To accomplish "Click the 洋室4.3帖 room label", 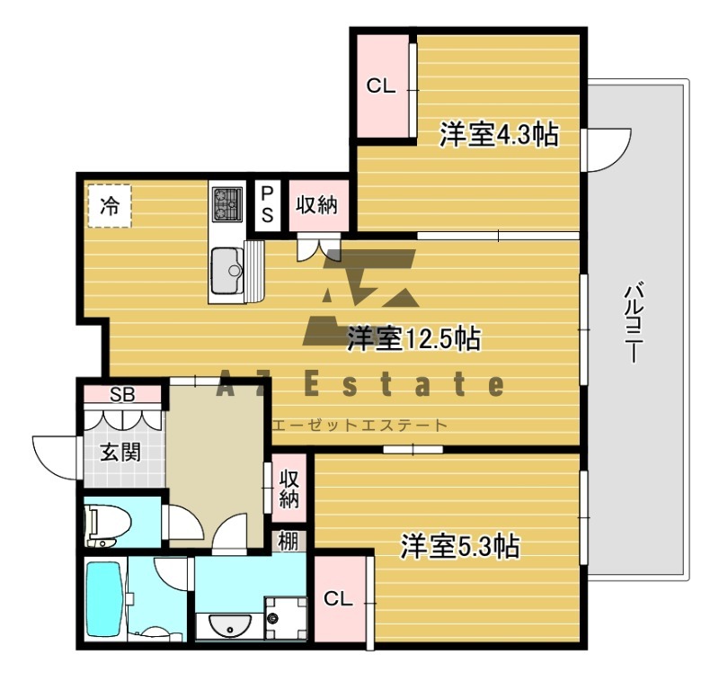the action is point(500,134).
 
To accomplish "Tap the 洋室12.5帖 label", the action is point(414,338).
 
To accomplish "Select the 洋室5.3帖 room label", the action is point(460,546).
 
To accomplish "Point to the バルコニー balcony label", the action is point(634,323).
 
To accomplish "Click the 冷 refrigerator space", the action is point(110,206).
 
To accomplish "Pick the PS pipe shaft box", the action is point(267,206).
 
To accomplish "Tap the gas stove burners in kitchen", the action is point(227,204).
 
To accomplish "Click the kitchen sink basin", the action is point(226,270).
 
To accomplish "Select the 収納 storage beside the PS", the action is point(317,205).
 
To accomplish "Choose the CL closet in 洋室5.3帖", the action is point(340,598).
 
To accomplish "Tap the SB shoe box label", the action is point(122,394).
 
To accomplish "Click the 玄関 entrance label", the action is point(120,453).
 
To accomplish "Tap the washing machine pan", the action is point(286,618).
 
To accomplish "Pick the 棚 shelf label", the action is point(288,542).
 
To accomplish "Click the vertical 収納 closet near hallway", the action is point(289,488).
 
